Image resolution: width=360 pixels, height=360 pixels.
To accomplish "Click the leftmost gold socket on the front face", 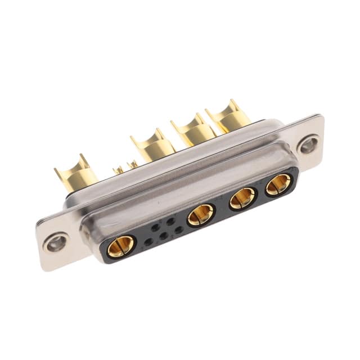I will click(120, 246).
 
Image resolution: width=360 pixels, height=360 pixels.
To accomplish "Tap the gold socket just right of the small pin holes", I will click(200, 215).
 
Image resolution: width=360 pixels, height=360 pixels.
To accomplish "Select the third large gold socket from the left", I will click(243, 198).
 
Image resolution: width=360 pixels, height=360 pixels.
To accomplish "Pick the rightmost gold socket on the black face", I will click(278, 184).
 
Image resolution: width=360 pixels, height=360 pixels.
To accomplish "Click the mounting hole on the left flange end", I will click(56, 243).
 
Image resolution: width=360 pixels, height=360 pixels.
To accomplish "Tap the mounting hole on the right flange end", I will click(308, 145).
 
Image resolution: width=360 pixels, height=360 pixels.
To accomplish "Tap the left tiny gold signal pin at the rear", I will click(119, 169).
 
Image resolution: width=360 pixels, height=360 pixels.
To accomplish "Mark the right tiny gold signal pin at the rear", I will click(133, 164).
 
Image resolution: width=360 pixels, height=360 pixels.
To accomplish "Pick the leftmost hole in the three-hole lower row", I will click(148, 242).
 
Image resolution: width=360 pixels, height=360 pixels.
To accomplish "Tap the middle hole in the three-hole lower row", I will click(163, 236).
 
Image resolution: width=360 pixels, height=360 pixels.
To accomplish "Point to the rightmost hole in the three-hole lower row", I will click(178, 230).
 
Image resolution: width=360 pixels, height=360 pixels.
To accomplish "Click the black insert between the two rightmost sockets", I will click(261, 192).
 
